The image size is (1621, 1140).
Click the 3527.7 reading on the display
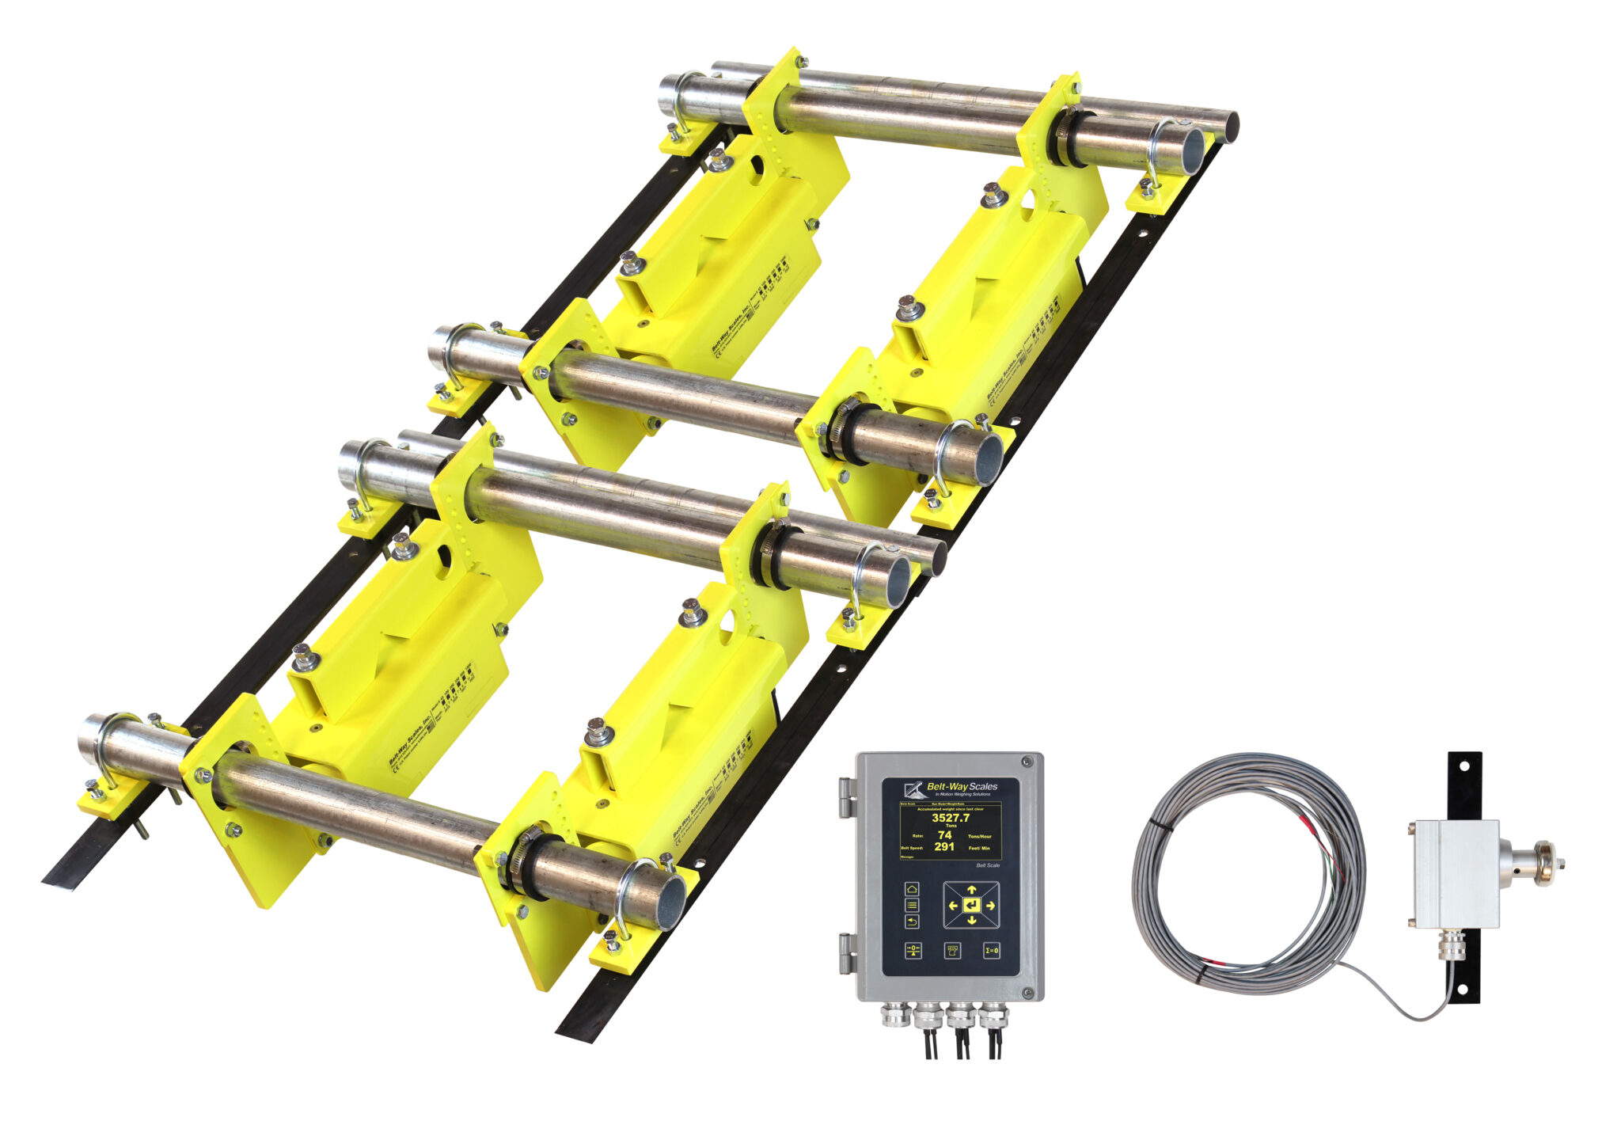tap(950, 818)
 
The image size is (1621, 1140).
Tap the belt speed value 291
tap(944, 846)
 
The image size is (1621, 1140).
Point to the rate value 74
tap(944, 834)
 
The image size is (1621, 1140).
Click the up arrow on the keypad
tap(971, 890)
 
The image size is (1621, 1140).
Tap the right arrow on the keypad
tap(990, 906)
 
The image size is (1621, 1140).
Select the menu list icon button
tap(912, 905)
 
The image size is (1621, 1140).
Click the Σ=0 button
tap(991, 950)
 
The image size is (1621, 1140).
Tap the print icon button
tap(952, 950)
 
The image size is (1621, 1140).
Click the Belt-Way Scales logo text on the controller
tap(962, 786)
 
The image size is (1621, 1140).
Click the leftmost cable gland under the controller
tap(896, 1015)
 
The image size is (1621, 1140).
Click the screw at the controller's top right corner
tap(1027, 762)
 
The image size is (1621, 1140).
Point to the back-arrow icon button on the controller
tap(912, 921)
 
